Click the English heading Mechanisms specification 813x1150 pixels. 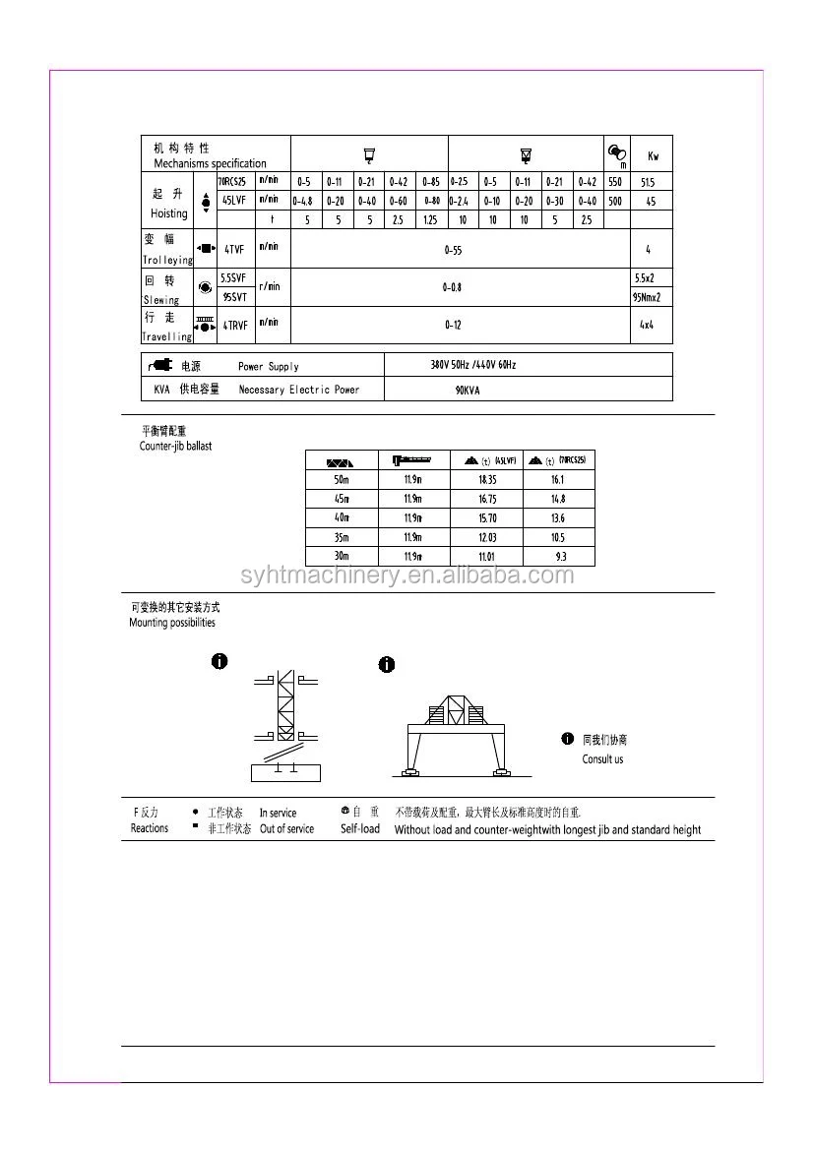210,163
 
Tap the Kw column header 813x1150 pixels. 653,156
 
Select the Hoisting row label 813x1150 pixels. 169,213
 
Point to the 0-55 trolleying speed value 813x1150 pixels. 453,251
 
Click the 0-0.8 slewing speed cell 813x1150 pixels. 452,287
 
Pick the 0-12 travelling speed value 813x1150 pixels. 452,324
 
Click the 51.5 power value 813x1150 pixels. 647,182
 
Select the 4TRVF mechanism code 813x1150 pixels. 233,324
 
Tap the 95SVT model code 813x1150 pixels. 234,296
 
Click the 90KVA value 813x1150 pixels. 469,391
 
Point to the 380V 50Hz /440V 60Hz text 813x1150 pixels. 472,365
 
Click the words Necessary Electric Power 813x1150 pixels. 299,391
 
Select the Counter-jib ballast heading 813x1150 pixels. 175,447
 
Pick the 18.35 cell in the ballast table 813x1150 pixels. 487,479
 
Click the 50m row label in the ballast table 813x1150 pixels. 342,479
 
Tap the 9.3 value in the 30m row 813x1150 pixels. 560,557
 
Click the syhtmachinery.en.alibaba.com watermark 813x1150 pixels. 406,575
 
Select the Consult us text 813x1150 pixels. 602,759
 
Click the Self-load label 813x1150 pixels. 360,829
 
